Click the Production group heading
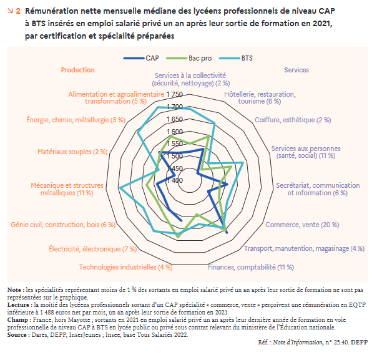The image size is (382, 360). (x=77, y=70)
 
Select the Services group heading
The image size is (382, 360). (x=296, y=70)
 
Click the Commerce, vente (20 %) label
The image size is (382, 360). (x=302, y=225)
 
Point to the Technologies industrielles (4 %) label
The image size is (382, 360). (x=125, y=267)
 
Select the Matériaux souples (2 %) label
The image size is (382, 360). (x=72, y=152)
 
